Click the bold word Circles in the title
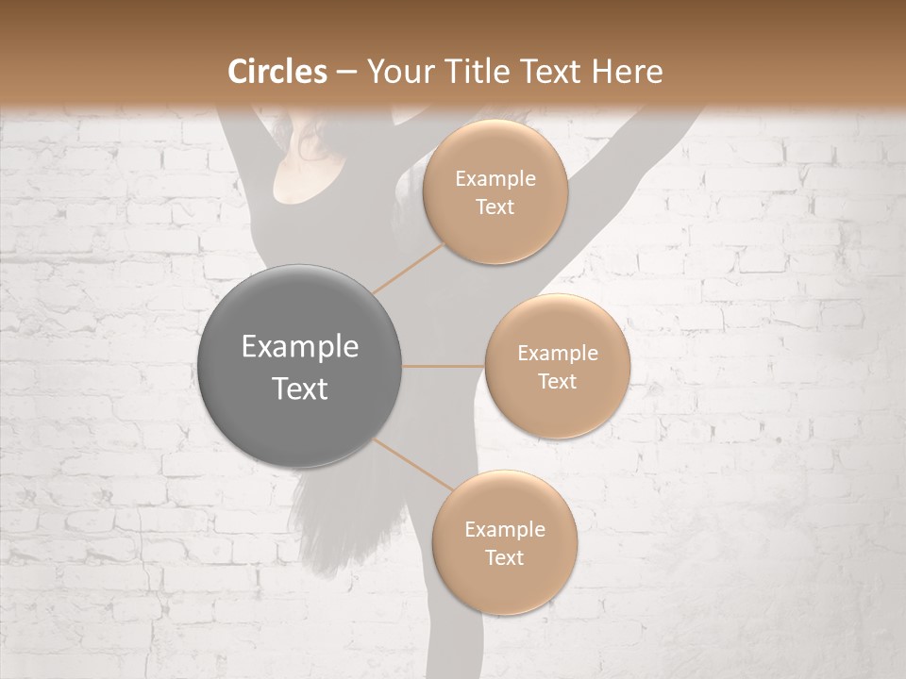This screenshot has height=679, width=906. click(278, 72)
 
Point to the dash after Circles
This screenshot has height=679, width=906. click(345, 73)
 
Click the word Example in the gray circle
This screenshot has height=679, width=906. click(300, 347)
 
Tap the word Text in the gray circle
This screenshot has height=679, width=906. click(300, 389)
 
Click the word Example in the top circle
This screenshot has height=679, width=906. click(495, 179)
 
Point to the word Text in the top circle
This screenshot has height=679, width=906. click(495, 207)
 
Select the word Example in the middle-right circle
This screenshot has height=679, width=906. click(557, 354)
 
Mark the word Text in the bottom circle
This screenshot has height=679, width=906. click(504, 557)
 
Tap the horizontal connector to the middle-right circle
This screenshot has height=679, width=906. click(444, 366)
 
